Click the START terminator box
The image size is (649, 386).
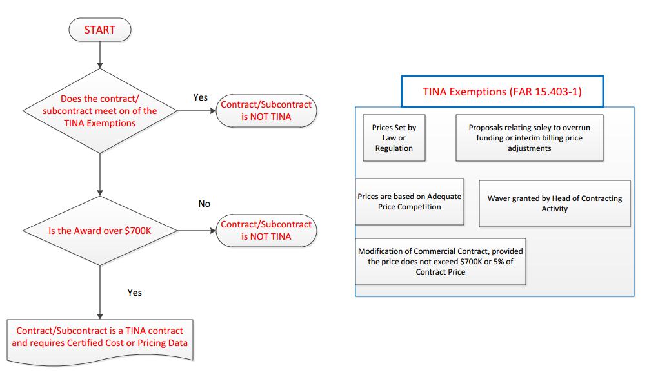(x=100, y=29)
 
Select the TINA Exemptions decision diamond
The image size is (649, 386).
(x=100, y=111)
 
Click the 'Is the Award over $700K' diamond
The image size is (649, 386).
(x=100, y=230)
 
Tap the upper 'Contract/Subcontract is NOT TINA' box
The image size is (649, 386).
(x=266, y=111)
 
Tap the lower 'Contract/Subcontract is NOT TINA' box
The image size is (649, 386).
(x=266, y=230)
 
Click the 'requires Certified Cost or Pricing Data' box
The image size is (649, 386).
(x=100, y=336)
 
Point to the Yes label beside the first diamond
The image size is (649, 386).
(x=201, y=97)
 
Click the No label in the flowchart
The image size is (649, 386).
(x=204, y=204)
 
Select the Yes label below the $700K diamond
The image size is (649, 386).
(x=134, y=293)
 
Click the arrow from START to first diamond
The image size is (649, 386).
(x=100, y=54)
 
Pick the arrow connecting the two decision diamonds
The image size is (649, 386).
(x=100, y=174)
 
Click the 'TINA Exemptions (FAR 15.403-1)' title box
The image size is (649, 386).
(x=502, y=92)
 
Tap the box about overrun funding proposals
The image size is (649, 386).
(x=529, y=138)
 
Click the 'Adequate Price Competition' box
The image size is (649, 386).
(x=409, y=201)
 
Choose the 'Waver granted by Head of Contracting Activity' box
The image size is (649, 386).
(x=554, y=203)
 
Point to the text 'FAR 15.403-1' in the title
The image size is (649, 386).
(x=553, y=92)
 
